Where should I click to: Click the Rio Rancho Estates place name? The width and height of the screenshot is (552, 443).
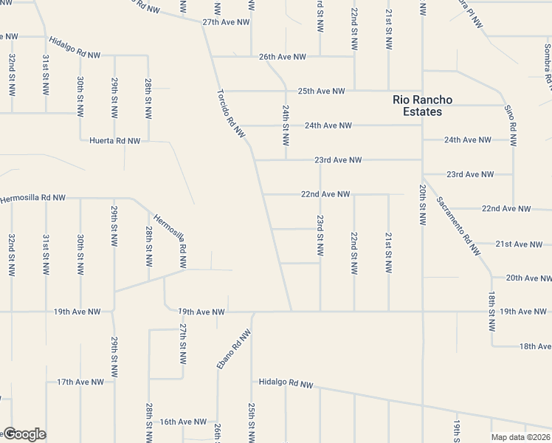click(422, 106)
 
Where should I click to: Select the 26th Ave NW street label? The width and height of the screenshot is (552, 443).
click(282, 57)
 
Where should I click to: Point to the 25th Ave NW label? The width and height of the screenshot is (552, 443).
click(321, 92)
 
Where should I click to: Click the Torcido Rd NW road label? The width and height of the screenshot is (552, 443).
click(230, 113)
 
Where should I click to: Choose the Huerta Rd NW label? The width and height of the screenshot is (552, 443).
click(114, 140)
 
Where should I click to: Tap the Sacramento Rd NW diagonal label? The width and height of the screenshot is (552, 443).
click(458, 225)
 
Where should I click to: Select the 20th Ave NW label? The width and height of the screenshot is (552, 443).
click(528, 278)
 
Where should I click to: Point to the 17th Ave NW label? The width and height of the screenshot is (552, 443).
click(80, 382)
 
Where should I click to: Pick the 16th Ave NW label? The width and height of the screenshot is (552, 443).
click(183, 422)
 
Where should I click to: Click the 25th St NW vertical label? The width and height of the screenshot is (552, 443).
click(252, 421)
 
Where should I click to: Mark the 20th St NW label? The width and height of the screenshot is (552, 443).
click(423, 205)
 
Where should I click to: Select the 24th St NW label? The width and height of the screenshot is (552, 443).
click(286, 125)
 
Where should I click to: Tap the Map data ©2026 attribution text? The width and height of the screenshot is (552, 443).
click(521, 437)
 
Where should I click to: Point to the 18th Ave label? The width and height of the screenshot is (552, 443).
click(535, 346)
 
